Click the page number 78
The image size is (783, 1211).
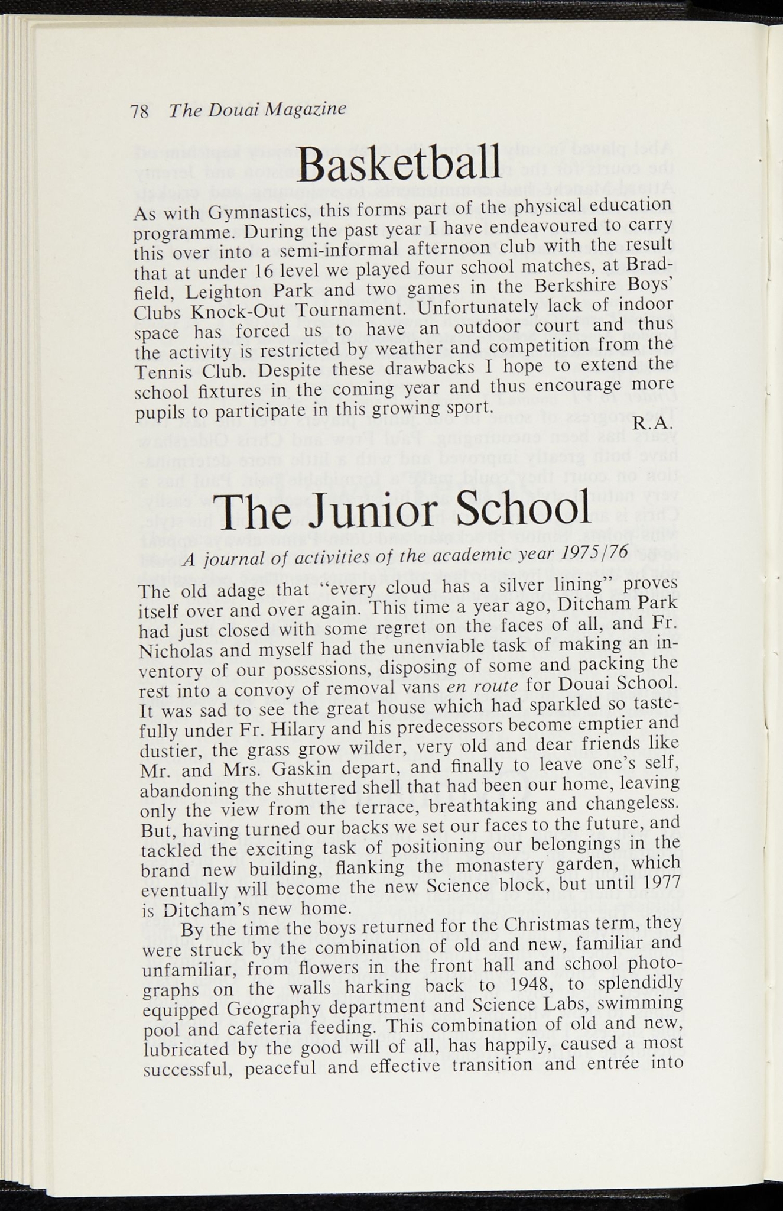[139, 112]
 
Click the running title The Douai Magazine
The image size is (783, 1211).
[257, 110]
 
